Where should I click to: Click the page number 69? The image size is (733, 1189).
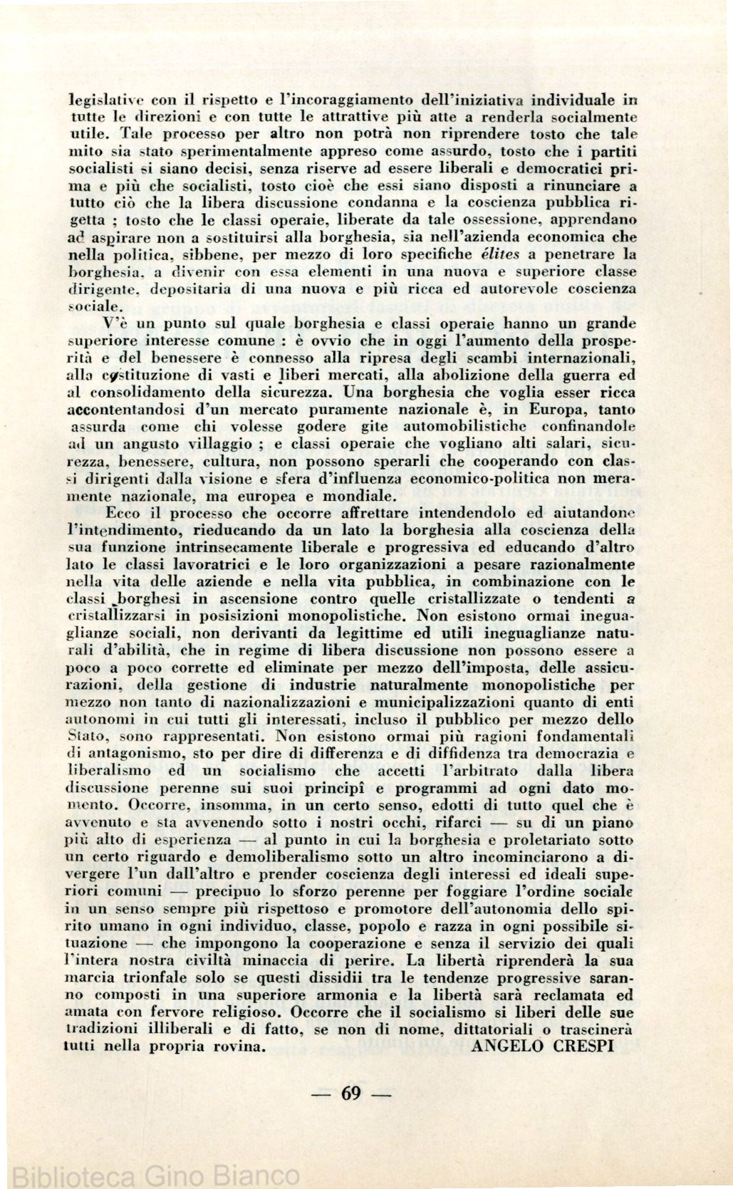[x=351, y=1094]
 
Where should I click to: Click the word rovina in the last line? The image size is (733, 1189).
[x=239, y=1047]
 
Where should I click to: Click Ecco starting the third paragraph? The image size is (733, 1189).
[x=123, y=513]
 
